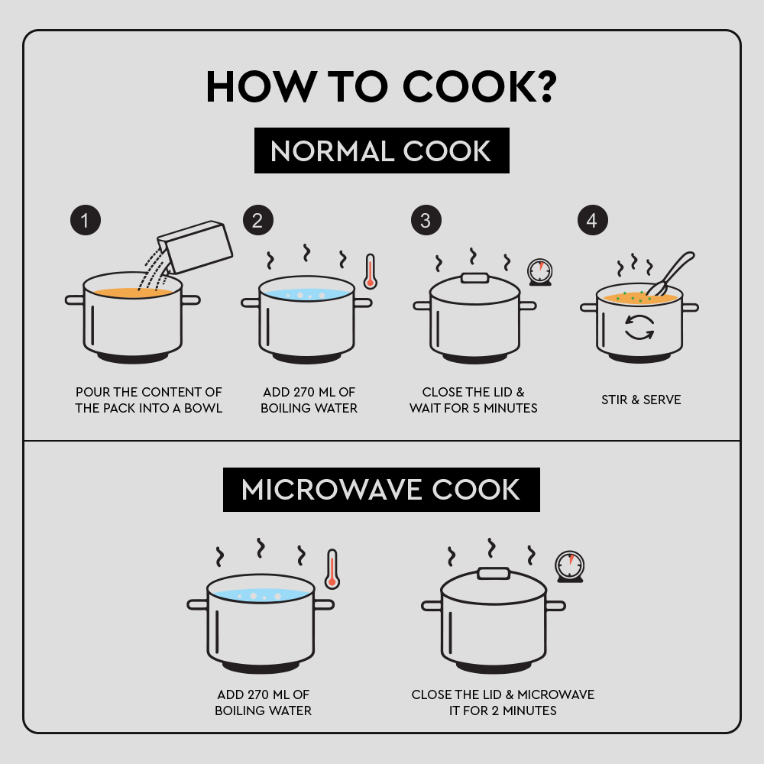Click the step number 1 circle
pos(86,220)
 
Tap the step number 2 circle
pos(257,220)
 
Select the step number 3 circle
pos(426,220)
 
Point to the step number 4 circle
pos(593,220)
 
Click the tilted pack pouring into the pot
pos(195,247)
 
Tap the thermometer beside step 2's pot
pos(371,271)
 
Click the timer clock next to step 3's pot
pos(540,272)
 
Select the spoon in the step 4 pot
pos(672,273)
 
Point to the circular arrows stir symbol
pos(639,327)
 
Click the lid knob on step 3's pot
pos(475,278)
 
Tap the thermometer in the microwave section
pos(332,569)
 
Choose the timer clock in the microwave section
pos(570,567)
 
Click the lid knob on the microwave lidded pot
pos(494,573)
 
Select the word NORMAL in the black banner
pos(332,151)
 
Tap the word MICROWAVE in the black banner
pos(332,490)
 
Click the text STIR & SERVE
pos(641,400)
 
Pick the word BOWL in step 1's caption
pos(203,408)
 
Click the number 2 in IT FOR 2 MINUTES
pos(495,711)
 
